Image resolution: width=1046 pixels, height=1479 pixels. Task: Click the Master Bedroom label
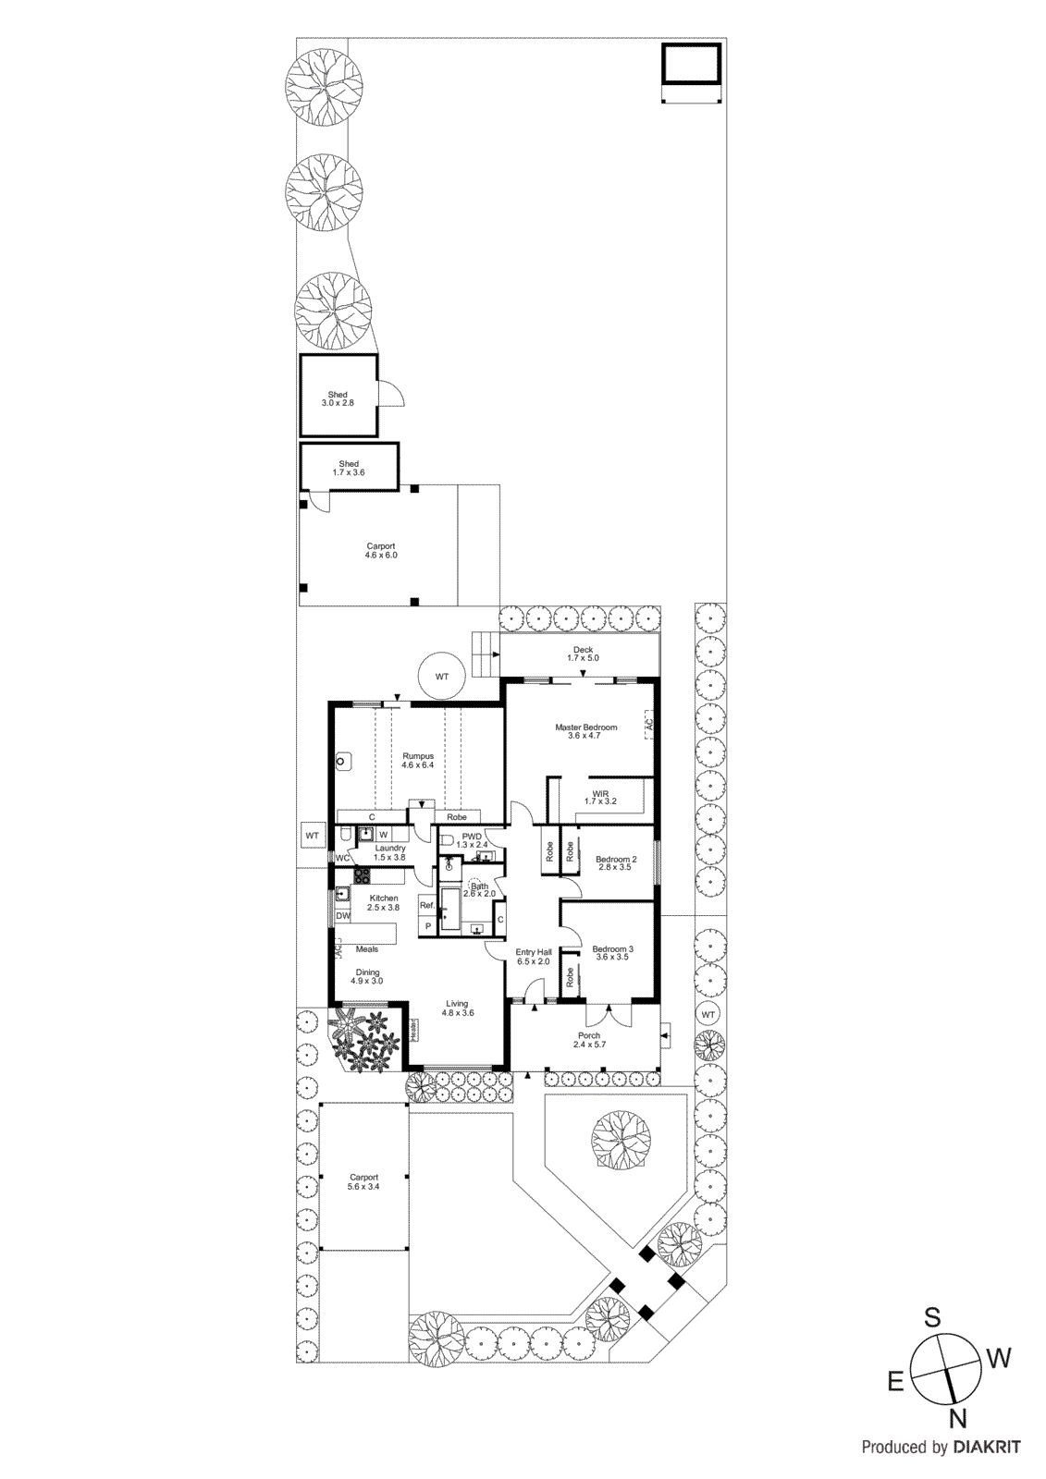(585, 731)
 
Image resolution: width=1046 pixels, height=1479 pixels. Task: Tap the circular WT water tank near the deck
(442, 677)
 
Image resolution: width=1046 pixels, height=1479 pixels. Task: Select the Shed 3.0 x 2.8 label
(338, 399)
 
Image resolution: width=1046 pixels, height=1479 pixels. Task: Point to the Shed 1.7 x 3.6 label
(349, 469)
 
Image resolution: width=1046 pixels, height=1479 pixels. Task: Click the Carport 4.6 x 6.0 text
(380, 551)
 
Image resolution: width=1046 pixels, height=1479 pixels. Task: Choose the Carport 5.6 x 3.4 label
(363, 1182)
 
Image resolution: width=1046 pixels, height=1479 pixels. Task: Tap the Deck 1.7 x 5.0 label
(583, 654)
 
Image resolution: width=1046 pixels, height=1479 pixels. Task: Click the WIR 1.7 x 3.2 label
(600, 798)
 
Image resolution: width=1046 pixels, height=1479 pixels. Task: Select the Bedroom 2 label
(616, 863)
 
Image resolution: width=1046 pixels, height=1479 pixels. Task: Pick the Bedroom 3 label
(612, 953)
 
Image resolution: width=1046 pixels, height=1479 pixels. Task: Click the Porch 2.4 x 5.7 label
(589, 1040)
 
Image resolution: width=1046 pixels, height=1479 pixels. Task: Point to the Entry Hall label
(534, 957)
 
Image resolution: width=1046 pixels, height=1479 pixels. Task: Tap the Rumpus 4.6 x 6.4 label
(418, 761)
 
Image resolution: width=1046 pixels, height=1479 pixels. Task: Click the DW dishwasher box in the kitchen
(343, 916)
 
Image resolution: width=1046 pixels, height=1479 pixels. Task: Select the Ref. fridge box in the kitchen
(426, 906)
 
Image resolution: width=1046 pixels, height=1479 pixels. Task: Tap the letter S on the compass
(933, 1317)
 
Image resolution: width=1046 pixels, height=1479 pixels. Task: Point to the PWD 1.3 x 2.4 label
(472, 840)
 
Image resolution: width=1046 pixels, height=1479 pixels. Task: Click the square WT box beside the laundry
(313, 836)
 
